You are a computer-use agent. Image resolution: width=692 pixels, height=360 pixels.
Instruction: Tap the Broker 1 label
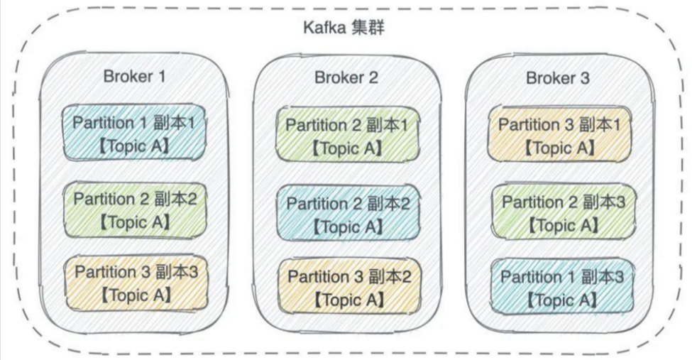point(135,76)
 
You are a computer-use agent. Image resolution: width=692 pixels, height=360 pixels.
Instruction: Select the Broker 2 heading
point(346,77)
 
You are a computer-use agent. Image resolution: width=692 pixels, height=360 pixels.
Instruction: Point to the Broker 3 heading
point(557,77)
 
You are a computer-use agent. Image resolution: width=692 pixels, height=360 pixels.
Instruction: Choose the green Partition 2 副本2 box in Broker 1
point(135,209)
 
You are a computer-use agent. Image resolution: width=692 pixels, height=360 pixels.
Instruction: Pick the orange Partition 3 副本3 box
point(135,283)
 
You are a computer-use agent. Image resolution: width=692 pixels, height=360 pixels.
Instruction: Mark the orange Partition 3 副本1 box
point(559,135)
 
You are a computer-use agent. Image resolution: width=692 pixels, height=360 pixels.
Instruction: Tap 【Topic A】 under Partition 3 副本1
point(559,148)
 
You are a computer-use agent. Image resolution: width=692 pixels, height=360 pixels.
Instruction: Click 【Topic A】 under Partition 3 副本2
point(348,300)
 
